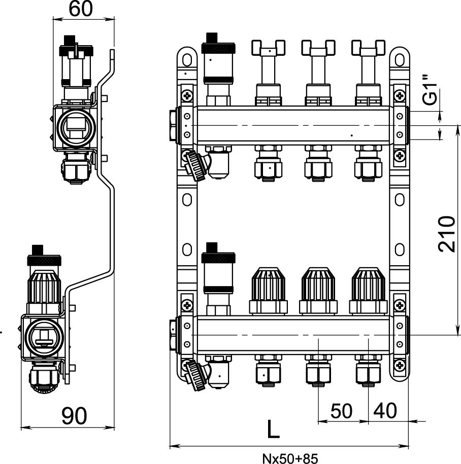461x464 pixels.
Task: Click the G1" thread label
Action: [431, 91]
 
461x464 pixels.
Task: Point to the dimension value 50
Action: [341, 411]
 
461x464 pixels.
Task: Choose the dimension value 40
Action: [385, 411]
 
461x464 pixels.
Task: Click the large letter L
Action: [273, 430]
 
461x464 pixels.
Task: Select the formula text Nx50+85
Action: [290, 458]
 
